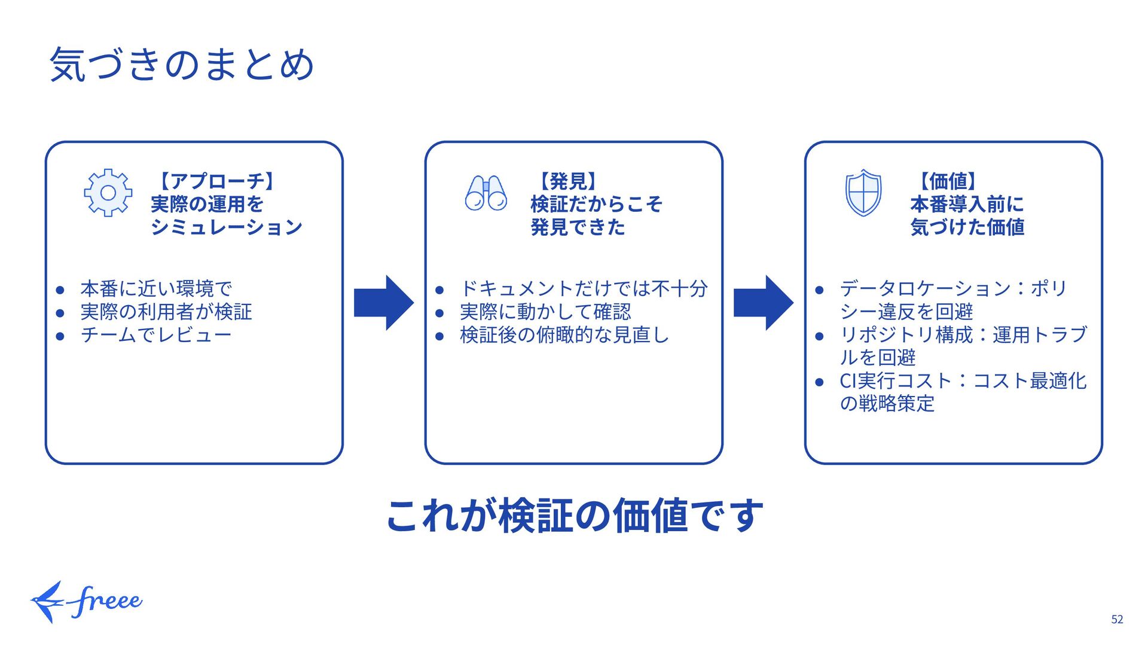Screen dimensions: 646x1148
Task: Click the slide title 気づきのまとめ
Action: pyautogui.click(x=182, y=64)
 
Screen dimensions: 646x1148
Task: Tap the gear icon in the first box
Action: pyautogui.click(x=108, y=193)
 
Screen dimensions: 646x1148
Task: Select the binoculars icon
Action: pyautogui.click(x=486, y=193)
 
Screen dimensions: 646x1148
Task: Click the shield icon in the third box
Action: pyautogui.click(x=863, y=193)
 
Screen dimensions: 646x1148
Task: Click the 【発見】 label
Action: pyautogui.click(x=568, y=181)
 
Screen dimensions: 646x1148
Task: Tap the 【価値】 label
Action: pyautogui.click(x=948, y=181)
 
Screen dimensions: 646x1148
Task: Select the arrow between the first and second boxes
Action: pyautogui.click(x=383, y=303)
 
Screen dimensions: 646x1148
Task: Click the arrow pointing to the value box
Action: pyautogui.click(x=763, y=303)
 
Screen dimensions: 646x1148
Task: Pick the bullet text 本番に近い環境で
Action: pyautogui.click(x=156, y=288)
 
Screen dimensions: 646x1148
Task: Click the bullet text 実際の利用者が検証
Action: pyautogui.click(x=166, y=312)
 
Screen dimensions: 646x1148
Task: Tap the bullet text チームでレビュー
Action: pyautogui.click(x=156, y=335)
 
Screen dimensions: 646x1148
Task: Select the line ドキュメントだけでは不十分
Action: pyautogui.click(x=584, y=288)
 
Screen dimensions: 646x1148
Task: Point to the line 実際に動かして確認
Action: pyautogui.click(x=545, y=312)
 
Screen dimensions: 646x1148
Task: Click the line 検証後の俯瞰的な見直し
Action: pyautogui.click(x=564, y=335)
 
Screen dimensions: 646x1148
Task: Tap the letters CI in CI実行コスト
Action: pyautogui.click(x=848, y=381)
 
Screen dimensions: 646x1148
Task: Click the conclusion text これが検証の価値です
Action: pyautogui.click(x=575, y=516)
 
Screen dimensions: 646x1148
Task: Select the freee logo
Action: pyautogui.click(x=87, y=601)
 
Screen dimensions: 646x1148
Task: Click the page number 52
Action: pyautogui.click(x=1117, y=620)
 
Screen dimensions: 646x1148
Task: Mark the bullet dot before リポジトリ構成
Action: pyautogui.click(x=820, y=336)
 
